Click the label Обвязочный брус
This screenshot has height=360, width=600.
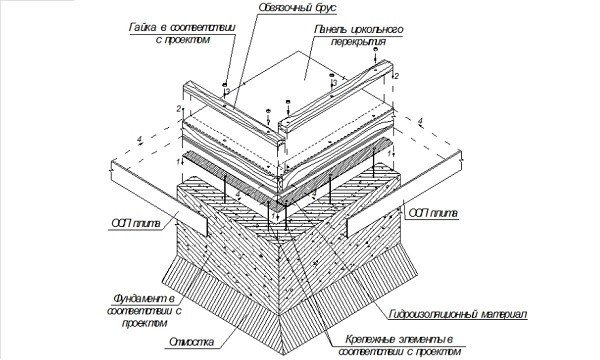click(297, 8)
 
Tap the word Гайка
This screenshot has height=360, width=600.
click(142, 28)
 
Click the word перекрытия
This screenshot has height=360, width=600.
click(358, 41)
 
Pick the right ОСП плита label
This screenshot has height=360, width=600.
click(433, 213)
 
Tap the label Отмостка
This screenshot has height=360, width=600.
click(191, 342)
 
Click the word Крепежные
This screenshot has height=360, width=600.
click(369, 339)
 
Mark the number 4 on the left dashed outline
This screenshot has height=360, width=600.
click(139, 140)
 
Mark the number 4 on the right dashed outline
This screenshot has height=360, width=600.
click(421, 121)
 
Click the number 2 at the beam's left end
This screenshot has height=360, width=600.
click(179, 109)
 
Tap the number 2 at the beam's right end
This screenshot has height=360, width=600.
click(396, 76)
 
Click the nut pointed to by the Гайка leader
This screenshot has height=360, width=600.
click(225, 84)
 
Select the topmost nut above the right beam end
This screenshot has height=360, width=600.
click(375, 50)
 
